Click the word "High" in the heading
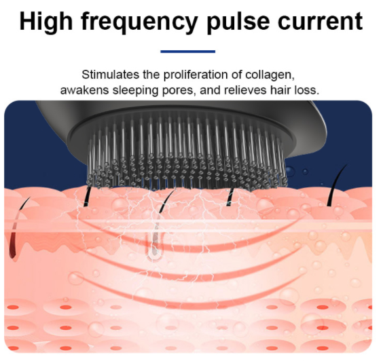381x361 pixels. [46, 22]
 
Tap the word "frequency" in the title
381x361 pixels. [139, 23]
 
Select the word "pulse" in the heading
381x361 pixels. [238, 22]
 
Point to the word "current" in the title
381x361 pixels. [321, 22]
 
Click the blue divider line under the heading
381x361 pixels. [188, 52]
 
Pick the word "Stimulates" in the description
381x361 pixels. [111, 75]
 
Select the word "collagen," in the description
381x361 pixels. [270, 75]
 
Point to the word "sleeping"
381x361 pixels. [136, 91]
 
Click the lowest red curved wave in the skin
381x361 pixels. [193, 301]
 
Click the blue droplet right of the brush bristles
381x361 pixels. [289, 172]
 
